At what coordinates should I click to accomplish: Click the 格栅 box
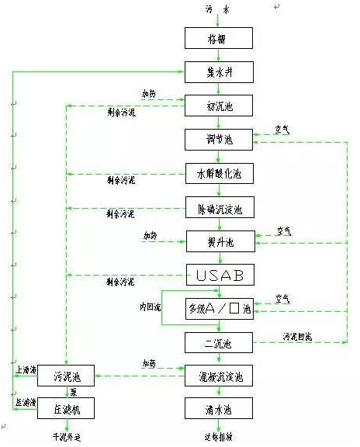(x=219, y=38)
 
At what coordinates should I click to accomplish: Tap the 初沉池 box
(x=219, y=106)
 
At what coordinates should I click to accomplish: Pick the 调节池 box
(x=219, y=140)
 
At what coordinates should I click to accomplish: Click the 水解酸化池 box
(x=219, y=173)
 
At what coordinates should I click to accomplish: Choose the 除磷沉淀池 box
(x=219, y=207)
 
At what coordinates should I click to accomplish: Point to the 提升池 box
(x=219, y=241)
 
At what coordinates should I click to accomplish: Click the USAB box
(x=219, y=275)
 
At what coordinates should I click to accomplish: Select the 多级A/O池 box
(x=219, y=309)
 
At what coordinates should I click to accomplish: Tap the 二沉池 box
(x=219, y=342)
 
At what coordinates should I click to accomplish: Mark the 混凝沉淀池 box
(x=219, y=376)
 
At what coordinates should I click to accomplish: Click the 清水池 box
(x=219, y=409)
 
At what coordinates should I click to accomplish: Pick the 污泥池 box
(x=66, y=376)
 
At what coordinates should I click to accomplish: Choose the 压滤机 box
(x=66, y=410)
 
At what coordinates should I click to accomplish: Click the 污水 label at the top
(x=218, y=9)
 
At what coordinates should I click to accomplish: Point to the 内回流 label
(x=149, y=309)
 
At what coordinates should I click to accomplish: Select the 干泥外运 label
(x=67, y=438)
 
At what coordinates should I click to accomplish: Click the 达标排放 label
(x=218, y=438)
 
